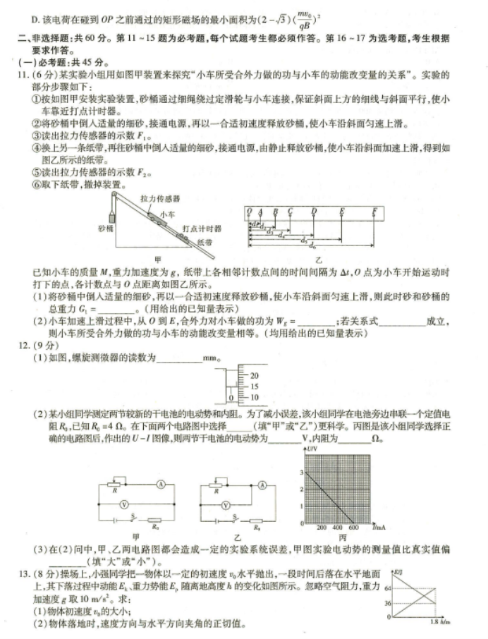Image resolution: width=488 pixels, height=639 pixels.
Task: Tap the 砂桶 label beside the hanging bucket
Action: click(105, 230)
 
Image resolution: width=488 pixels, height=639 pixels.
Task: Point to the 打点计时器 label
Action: click(202, 229)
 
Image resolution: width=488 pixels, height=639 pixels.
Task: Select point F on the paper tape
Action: click(374, 210)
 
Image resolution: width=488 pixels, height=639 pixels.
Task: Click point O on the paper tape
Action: click(248, 210)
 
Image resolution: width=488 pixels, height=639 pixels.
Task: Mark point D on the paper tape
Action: click(314, 210)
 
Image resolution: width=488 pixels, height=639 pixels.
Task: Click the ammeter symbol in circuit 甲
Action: click(161, 485)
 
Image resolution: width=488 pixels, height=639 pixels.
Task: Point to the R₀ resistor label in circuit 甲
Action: click(154, 525)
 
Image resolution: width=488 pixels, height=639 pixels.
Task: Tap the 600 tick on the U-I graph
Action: click(353, 527)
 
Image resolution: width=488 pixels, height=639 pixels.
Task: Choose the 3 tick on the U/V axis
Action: click(300, 472)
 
